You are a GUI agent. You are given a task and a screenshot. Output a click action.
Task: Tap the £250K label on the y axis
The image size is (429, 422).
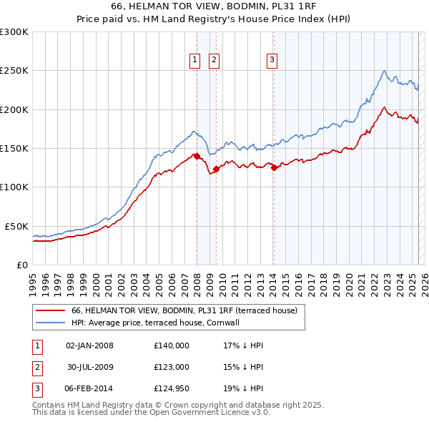15,71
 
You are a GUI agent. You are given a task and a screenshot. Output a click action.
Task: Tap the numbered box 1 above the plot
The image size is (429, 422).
194,61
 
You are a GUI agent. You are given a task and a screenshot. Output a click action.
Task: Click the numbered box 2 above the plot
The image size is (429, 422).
214,61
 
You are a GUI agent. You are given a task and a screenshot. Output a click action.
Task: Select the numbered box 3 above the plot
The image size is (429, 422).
272,61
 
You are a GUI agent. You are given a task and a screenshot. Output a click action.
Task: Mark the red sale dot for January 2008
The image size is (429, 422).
197,156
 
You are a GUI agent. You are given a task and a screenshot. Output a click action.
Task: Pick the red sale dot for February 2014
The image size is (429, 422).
273,168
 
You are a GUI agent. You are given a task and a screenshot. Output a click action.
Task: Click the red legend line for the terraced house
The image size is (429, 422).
50,310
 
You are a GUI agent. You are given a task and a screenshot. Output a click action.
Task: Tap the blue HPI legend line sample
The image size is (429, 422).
50,323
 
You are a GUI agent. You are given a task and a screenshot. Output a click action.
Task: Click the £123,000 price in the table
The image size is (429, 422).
172,367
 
